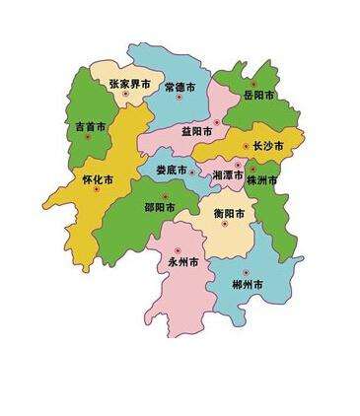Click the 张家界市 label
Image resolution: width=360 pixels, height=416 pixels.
click(x=129, y=85)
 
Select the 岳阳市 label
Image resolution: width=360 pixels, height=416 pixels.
click(x=259, y=96)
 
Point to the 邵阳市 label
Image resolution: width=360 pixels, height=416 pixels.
click(x=160, y=208)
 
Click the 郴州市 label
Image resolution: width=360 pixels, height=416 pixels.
click(x=248, y=284)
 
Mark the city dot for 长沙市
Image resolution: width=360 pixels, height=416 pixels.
click(x=247, y=145)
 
